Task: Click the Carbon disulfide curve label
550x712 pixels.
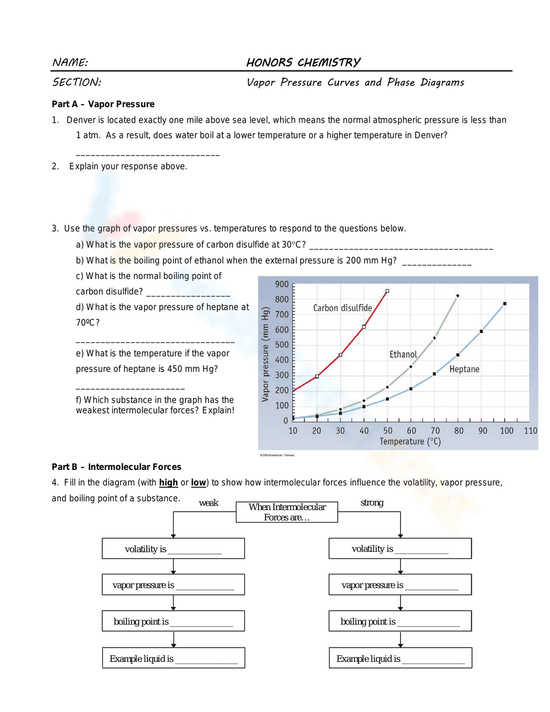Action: click(342, 308)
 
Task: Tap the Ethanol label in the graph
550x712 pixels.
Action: click(403, 355)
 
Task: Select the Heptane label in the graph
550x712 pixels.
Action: click(464, 369)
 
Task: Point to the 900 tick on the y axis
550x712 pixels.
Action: click(282, 284)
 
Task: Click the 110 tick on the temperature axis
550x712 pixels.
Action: click(530, 431)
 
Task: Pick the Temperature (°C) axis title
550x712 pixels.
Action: click(410, 442)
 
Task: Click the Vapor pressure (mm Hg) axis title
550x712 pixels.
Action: click(265, 354)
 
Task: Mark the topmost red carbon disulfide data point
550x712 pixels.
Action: click(387, 291)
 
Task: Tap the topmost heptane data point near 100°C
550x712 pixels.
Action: click(504, 304)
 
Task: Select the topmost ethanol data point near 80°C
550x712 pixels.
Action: click(458, 296)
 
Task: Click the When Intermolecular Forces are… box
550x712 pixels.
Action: click(287, 512)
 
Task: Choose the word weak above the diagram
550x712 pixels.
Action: click(208, 503)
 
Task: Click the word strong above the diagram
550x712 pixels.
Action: click(372, 503)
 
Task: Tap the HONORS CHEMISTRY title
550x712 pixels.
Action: click(303, 63)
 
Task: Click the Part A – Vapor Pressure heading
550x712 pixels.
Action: click(103, 104)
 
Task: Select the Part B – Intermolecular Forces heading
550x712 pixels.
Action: click(116, 467)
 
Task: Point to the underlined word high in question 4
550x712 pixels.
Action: click(168, 483)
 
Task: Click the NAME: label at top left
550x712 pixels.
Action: click(70, 63)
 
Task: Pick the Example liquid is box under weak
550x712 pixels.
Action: click(173, 658)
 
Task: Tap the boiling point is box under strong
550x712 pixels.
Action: click(400, 621)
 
